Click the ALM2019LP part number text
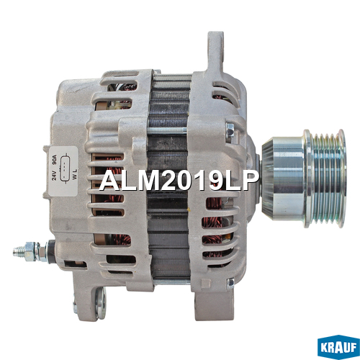179,181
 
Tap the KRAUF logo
338,347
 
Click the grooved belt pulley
325,178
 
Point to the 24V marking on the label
54,174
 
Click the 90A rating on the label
54,161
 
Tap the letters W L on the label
75,174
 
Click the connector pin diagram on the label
65,168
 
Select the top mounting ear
215,51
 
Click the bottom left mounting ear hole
101,303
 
